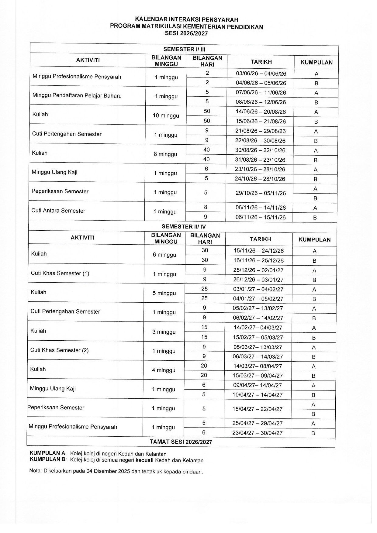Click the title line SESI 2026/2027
point(186,34)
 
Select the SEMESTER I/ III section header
point(185,49)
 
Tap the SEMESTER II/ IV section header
point(184,227)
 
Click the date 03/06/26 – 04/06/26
point(261,74)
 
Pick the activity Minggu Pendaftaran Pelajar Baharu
point(77,96)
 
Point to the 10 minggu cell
point(166,115)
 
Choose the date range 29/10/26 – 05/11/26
point(261,193)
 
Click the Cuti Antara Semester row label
point(58,211)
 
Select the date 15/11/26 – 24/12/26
point(258,251)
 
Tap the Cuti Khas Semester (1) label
point(60,273)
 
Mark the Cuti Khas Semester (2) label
point(59,350)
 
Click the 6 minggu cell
point(164,255)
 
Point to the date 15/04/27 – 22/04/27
point(258,409)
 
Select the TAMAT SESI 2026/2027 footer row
point(181,442)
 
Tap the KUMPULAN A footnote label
point(48,454)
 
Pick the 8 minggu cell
point(165,154)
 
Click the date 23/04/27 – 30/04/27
point(257,433)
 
